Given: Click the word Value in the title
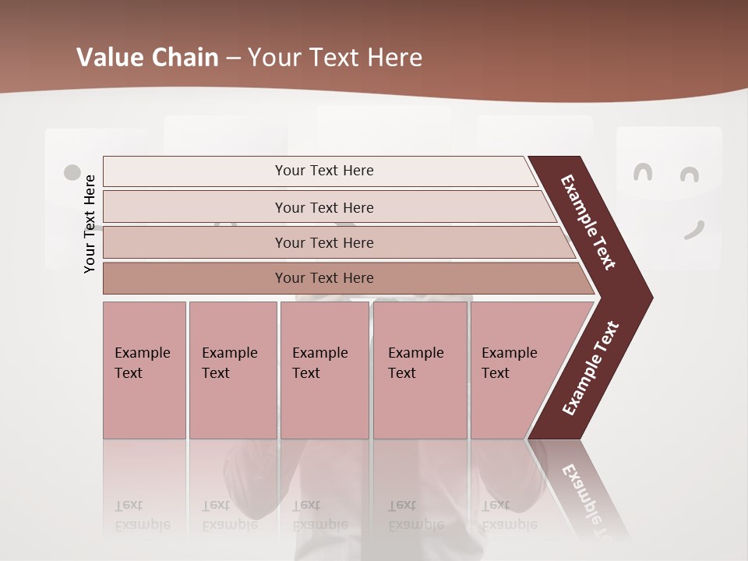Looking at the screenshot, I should click(x=108, y=58).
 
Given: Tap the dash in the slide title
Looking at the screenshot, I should click(x=233, y=58).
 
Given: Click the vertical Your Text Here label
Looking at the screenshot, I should click(x=90, y=224).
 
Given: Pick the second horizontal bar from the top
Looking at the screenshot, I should click(x=323, y=207).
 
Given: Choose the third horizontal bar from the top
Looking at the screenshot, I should click(x=323, y=242).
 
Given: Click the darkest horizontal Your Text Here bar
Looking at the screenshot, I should click(x=323, y=278).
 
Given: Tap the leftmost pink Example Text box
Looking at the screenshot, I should click(x=144, y=370).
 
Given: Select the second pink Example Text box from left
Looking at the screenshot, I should click(x=232, y=370).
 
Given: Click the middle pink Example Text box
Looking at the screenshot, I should click(x=324, y=370).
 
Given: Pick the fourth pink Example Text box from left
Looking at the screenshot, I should click(x=420, y=370).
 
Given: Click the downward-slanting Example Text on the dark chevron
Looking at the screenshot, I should click(x=588, y=222).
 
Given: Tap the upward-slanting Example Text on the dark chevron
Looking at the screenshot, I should click(x=590, y=369).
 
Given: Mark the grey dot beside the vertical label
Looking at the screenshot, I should click(x=72, y=172).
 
